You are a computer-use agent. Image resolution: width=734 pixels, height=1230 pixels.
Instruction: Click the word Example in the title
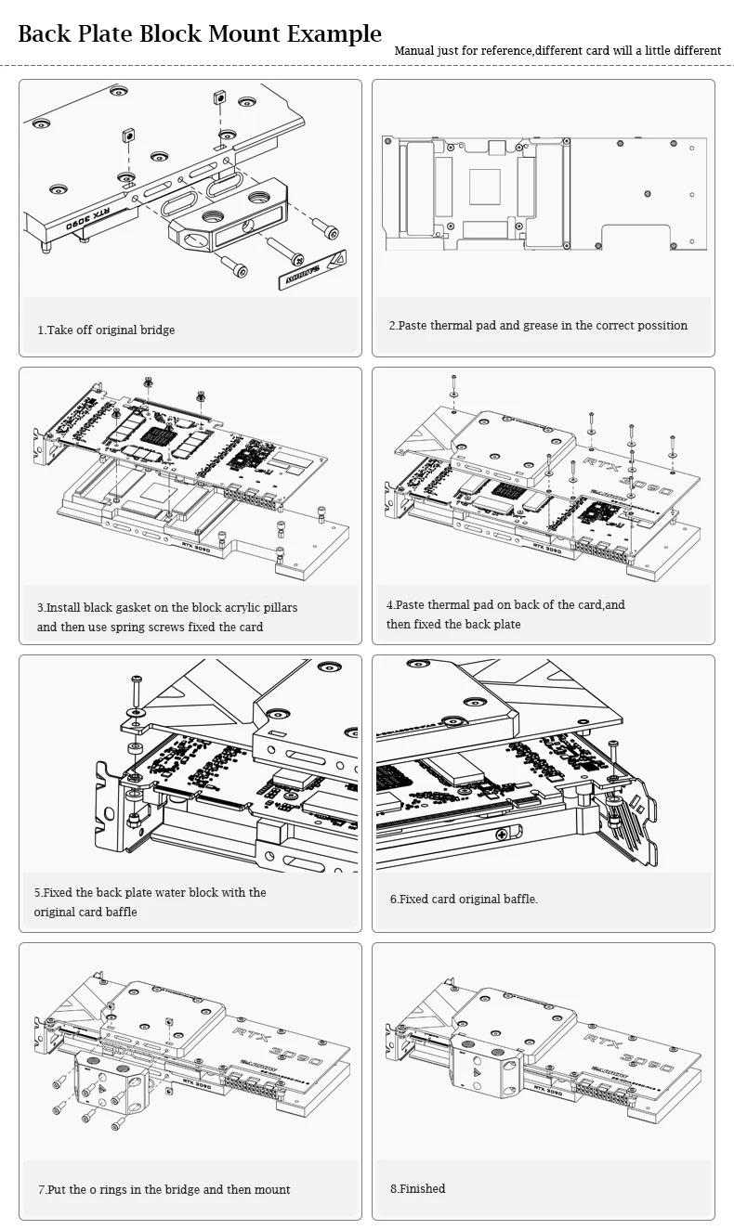pyautogui.click(x=334, y=35)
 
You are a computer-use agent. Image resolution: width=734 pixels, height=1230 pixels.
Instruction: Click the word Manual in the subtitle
pyautogui.click(x=414, y=50)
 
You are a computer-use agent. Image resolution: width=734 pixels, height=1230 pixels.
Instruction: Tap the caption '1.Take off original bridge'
pyautogui.click(x=106, y=330)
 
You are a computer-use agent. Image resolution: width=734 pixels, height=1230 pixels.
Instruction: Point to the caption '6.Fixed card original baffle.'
pyautogui.click(x=464, y=899)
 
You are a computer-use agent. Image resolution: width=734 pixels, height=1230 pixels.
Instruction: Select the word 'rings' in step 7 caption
pyautogui.click(x=161, y=1189)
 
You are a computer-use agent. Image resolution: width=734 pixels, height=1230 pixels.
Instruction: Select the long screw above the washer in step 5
pyautogui.click(x=136, y=691)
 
